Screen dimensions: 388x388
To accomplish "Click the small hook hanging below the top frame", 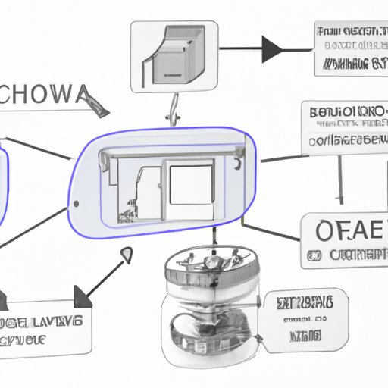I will (174, 110).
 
